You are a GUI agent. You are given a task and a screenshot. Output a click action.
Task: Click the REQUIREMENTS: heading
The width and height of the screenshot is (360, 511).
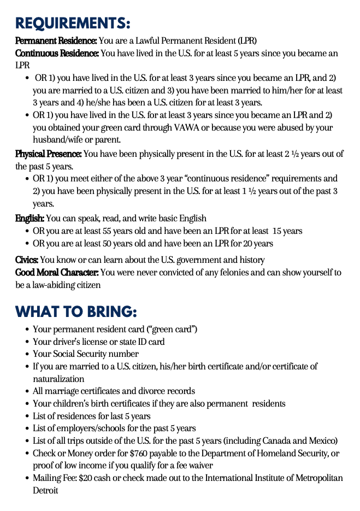tap(73, 24)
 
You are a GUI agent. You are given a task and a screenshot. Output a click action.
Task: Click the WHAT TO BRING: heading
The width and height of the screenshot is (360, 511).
tap(76, 312)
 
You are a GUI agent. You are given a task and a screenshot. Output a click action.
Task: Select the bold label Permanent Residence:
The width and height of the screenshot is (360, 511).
tap(56, 41)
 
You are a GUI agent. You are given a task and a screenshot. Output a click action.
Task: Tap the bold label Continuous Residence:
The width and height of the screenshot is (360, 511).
tap(57, 54)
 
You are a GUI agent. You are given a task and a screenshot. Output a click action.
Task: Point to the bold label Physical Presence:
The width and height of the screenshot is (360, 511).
tap(49, 154)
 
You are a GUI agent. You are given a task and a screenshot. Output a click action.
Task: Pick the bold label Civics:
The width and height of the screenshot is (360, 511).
tap(27, 260)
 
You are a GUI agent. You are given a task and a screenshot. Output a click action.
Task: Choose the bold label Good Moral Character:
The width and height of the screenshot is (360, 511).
tap(57, 273)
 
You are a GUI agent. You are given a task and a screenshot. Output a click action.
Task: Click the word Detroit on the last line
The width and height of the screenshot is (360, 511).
tap(45, 490)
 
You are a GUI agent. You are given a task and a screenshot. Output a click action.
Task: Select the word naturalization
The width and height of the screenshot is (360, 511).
tap(58, 379)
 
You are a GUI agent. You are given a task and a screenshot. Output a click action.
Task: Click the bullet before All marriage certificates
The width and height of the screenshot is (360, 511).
tap(27, 392)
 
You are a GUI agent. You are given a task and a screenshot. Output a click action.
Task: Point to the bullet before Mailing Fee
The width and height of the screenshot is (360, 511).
tap(27, 479)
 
